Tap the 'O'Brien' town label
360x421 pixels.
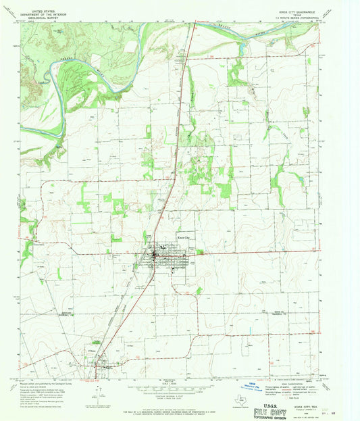pos(93,350)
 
